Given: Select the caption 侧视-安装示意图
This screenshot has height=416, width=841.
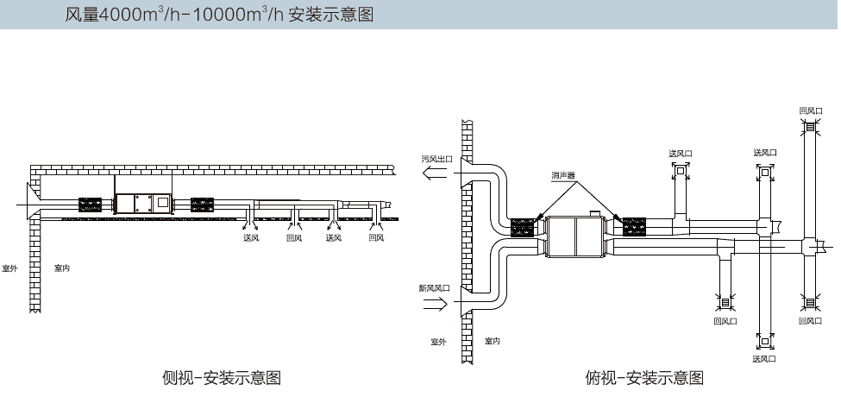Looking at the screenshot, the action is coord(222,377).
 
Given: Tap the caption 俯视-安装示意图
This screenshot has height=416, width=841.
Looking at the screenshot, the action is coord(644,377).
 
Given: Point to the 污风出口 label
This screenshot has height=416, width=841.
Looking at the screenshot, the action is coord(437,160).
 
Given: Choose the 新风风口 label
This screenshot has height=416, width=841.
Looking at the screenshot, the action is coord(435,287).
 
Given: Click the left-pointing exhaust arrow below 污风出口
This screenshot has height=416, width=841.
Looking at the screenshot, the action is coord(435,173).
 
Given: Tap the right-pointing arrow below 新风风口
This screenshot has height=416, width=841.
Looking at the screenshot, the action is coord(435,305).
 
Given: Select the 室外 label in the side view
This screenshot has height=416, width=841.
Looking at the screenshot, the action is coord(9,268).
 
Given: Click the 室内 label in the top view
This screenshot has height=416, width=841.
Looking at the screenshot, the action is coord(493,341).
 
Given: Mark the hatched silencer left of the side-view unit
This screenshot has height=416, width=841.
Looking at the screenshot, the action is coord(90,205).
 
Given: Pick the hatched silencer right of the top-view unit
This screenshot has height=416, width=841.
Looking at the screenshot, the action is coord(634,226).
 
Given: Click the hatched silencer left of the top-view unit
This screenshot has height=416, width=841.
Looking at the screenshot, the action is coord(522,227).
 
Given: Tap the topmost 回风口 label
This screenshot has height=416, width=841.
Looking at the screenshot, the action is coord(811,111).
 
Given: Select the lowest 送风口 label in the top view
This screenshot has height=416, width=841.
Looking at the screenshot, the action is coord(763,358).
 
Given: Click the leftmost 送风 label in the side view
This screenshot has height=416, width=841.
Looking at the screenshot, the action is coord(251,237).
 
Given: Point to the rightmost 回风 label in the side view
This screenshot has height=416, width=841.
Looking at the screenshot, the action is coord(377,237).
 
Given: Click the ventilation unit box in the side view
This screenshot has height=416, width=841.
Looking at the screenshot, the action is coord(143,204).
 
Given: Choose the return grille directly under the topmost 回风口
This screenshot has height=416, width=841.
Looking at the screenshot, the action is coord(811,127).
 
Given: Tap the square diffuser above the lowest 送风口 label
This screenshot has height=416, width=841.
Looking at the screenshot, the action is coord(765,341).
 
